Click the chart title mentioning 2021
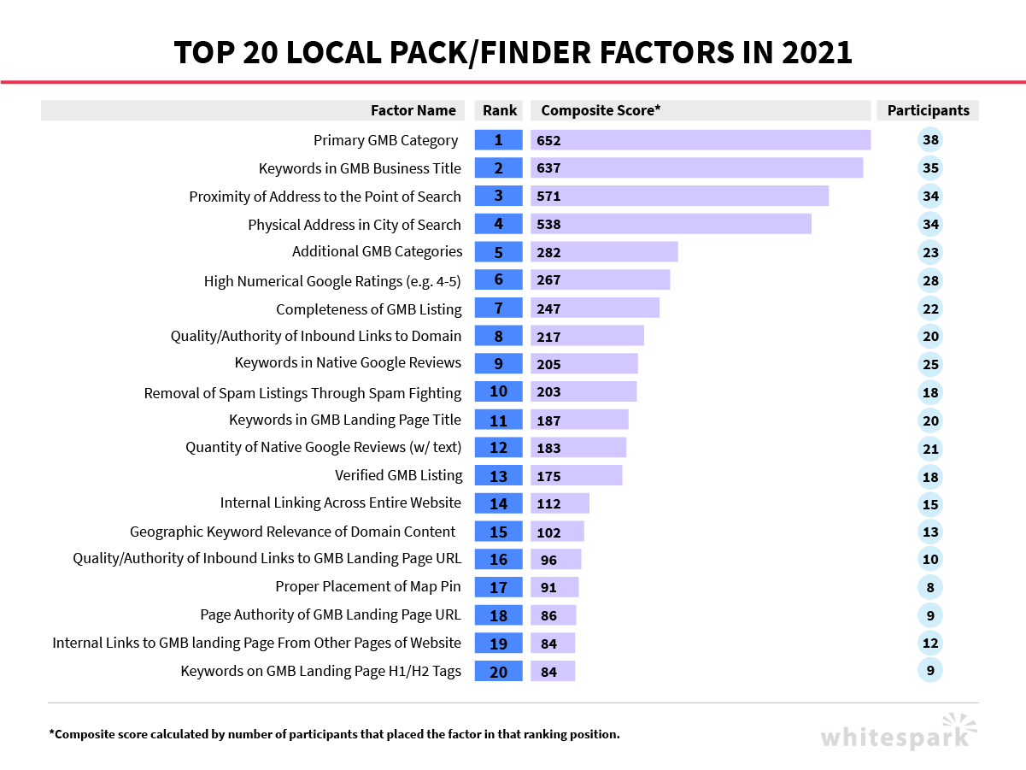click(x=513, y=52)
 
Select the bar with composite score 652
click(x=701, y=140)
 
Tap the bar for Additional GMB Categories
click(x=604, y=252)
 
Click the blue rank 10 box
click(x=498, y=391)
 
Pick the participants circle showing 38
click(x=930, y=140)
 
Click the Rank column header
click(x=500, y=110)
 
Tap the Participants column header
click(x=928, y=110)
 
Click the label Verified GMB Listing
click(x=398, y=475)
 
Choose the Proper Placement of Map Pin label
click(x=368, y=586)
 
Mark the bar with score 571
click(x=679, y=197)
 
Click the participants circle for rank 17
click(x=930, y=587)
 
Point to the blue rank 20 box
click(x=498, y=672)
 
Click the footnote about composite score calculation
click(x=334, y=734)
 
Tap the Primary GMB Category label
click(x=385, y=140)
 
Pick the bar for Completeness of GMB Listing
click(x=595, y=309)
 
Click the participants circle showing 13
click(x=930, y=532)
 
